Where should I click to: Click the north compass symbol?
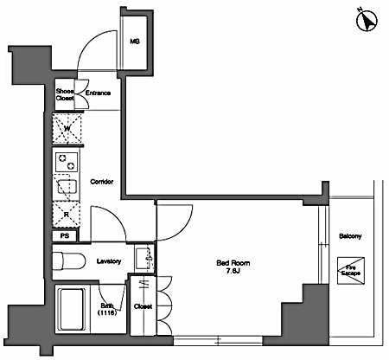367,20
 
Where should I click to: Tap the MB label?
135,42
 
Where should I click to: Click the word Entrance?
98,93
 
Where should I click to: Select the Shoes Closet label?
65,94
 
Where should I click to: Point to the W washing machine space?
67,129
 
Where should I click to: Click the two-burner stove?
67,162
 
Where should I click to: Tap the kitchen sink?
67,187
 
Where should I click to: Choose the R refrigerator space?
67,215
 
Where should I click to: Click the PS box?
65,236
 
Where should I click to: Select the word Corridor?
102,182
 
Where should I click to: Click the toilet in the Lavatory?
69,261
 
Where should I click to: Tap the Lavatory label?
109,261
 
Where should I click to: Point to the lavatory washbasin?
145,258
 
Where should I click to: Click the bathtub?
72,309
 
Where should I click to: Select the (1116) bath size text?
107,312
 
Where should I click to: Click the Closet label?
143,306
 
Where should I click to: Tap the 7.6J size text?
233,271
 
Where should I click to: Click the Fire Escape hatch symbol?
351,271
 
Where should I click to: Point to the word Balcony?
350,236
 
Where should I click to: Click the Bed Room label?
233,263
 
